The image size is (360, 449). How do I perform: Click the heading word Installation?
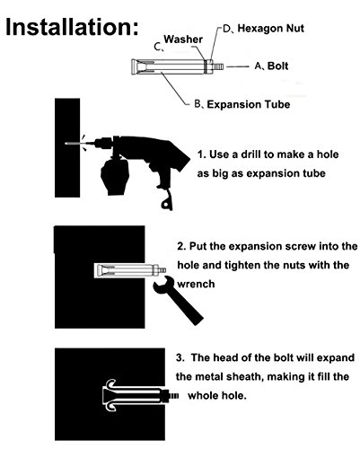[72, 27]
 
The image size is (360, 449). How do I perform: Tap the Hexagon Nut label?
[270, 29]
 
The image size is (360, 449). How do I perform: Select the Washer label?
[183, 40]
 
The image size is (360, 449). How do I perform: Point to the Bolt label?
[277, 66]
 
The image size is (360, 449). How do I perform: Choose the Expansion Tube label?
[249, 104]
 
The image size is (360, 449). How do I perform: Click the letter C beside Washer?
[158, 48]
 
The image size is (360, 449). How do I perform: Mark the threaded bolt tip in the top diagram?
[218, 66]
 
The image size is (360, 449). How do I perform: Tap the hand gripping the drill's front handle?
[115, 176]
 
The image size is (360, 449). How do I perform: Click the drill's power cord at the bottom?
[167, 200]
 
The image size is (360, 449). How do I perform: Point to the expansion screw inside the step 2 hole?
[129, 270]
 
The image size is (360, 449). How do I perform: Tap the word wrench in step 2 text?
[196, 284]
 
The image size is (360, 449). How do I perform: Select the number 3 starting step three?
[180, 357]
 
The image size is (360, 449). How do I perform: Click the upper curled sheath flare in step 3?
[110, 383]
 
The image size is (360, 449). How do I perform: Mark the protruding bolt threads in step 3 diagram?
[174, 396]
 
